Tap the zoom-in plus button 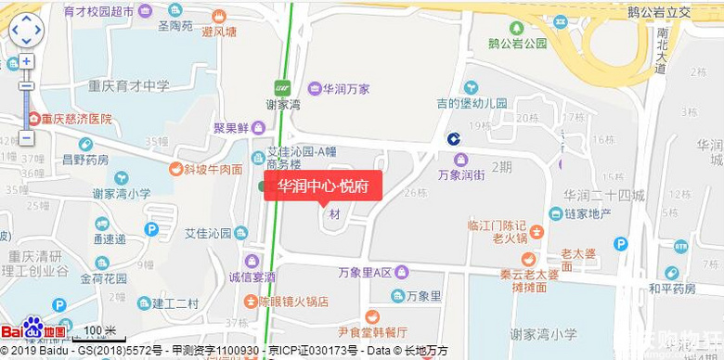coord(26,61)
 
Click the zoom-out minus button coord(26,137)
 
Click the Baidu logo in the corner coord(33,329)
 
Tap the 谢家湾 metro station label coord(282,105)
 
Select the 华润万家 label coord(345,89)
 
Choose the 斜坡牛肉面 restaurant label coord(213,169)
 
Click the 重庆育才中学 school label coord(129,86)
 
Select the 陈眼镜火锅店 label coord(293,301)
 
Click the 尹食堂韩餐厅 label coord(372,331)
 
